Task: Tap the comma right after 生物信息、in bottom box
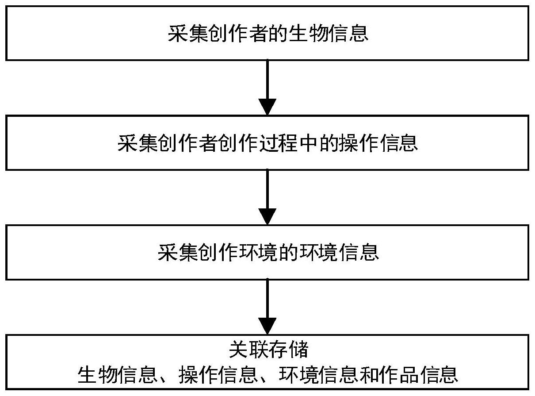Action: pyautogui.click(x=164, y=380)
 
